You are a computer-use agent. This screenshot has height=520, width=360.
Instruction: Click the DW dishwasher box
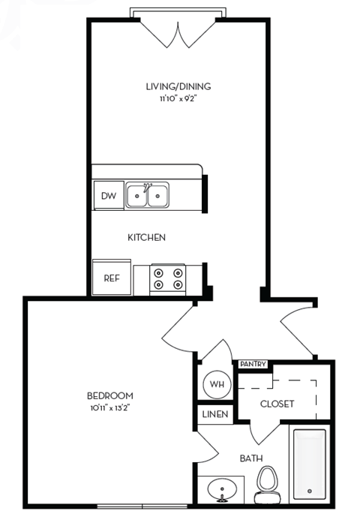(x=108, y=197)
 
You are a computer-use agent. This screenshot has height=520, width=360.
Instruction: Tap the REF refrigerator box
(x=111, y=278)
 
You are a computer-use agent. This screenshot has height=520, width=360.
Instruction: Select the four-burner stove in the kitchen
(x=167, y=278)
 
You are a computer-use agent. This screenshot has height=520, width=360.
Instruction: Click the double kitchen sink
(x=147, y=195)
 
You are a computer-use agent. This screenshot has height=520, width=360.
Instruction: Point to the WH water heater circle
(x=217, y=385)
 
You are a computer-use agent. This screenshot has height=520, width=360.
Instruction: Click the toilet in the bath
(x=266, y=483)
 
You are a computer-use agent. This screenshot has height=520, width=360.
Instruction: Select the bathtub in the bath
(x=309, y=464)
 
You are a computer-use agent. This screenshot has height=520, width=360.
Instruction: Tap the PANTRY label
(x=253, y=365)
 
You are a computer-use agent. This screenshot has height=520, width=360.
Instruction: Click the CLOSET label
(x=277, y=404)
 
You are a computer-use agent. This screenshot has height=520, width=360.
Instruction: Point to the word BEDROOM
(x=110, y=395)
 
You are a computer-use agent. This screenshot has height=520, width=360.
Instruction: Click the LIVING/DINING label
(x=178, y=86)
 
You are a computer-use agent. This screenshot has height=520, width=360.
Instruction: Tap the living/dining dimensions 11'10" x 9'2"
(x=178, y=98)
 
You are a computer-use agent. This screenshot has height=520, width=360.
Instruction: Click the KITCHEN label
(x=146, y=237)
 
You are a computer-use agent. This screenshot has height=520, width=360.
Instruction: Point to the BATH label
(x=250, y=458)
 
